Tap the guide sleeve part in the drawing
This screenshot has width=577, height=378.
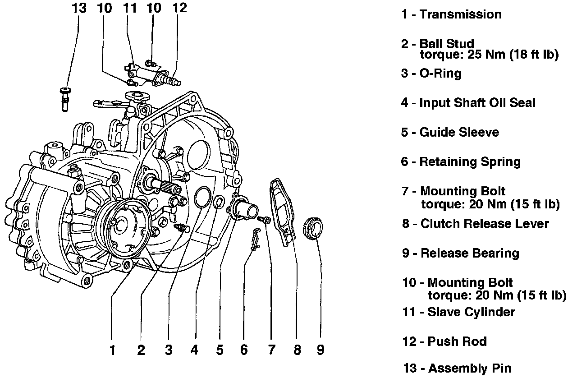[x=245, y=208]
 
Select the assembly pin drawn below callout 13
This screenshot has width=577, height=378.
[x=64, y=98]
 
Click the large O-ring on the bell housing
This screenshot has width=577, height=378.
[x=201, y=197]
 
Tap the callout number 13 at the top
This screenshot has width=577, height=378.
[x=78, y=8]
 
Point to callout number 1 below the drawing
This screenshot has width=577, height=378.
[x=113, y=350]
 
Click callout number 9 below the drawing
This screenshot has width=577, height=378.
[x=320, y=350]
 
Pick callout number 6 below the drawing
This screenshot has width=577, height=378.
[x=244, y=350]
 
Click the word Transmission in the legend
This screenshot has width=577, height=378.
[x=460, y=14]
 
